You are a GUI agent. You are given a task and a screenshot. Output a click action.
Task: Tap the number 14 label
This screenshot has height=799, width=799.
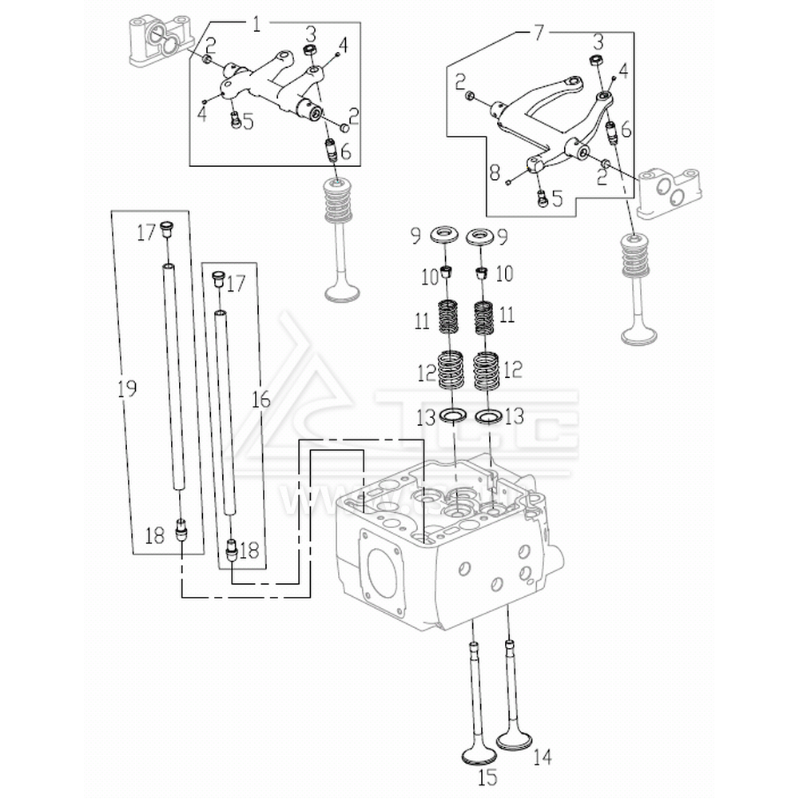543,756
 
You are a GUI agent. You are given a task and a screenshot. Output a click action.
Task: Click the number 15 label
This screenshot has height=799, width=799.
487,776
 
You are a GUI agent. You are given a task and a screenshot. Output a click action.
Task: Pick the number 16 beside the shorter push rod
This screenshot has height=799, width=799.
261,400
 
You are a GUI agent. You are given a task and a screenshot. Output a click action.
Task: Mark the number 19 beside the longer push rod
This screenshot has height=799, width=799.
126,389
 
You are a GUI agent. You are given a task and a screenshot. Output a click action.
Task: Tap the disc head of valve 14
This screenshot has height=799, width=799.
514,740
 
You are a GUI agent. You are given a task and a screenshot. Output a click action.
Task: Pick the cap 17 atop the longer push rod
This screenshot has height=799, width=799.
167,229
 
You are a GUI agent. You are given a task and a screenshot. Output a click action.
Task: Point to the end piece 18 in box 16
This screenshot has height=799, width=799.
232,550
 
